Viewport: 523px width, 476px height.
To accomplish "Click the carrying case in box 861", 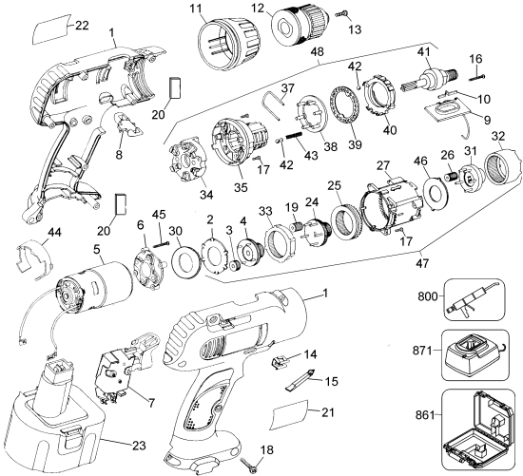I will click(481, 431).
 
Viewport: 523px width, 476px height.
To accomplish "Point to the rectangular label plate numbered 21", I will click(289, 414).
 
